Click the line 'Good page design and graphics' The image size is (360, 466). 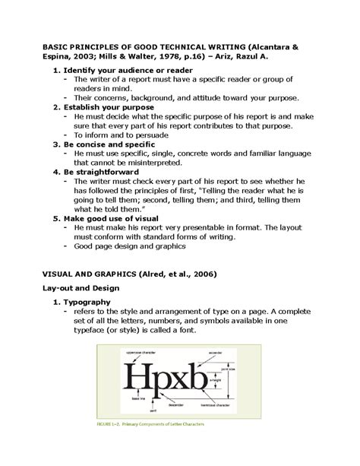point(130,246)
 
